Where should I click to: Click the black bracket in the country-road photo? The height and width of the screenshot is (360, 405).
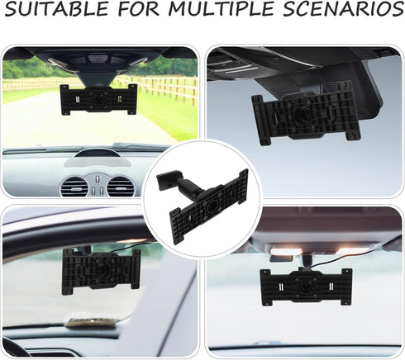pos(98,101)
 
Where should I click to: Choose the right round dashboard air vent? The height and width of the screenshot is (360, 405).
pos(121,186)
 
